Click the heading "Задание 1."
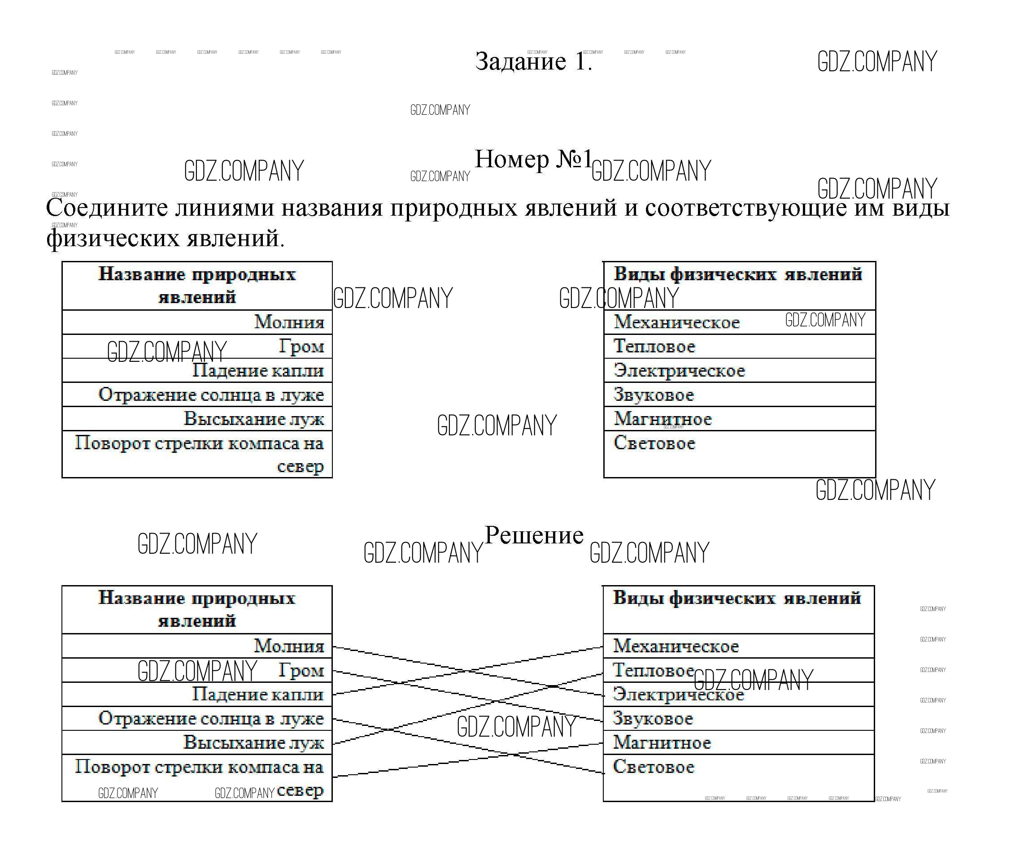533,61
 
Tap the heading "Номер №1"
533,159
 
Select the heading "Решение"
534,535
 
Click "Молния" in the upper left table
289,322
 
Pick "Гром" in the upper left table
301,346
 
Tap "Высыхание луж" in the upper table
253,419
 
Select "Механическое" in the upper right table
676,322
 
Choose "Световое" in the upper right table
654,443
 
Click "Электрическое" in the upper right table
679,371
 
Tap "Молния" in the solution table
289,646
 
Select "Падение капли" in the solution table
258,694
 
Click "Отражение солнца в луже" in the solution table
211,718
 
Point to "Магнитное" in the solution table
662,742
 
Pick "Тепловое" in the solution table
653,670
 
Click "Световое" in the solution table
653,767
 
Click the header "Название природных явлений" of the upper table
197,285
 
